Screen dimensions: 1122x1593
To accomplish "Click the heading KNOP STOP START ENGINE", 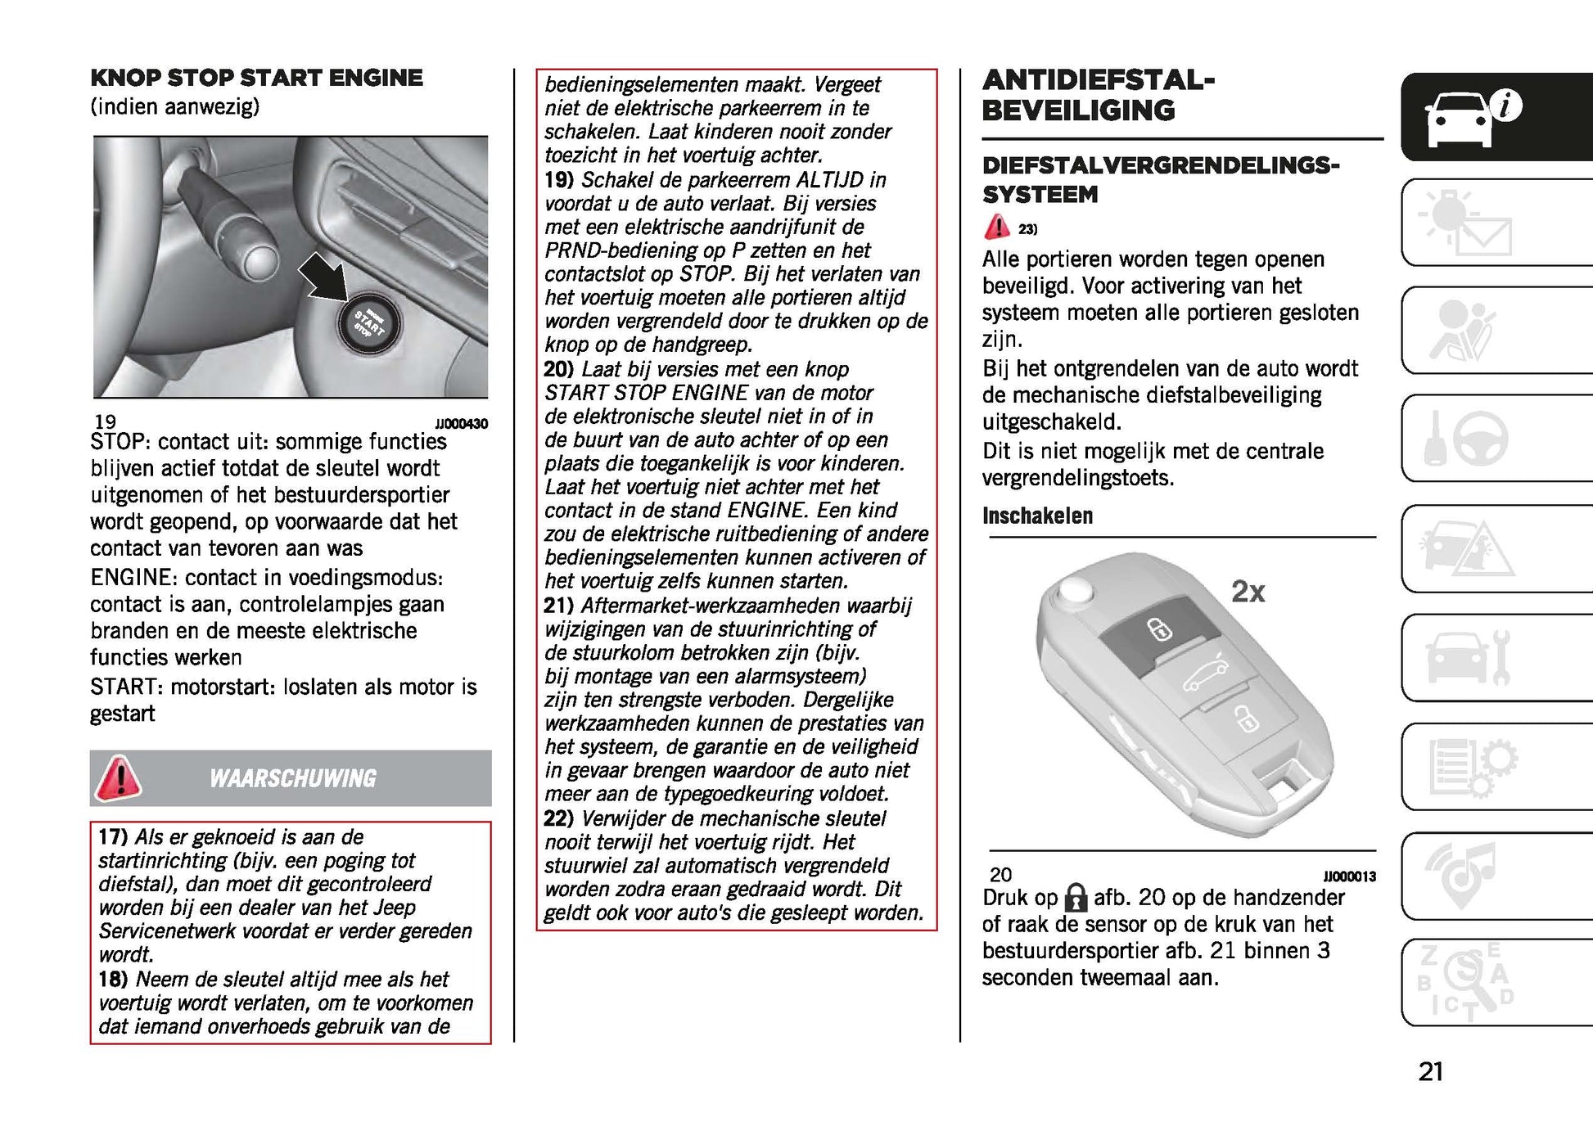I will [x=256, y=78].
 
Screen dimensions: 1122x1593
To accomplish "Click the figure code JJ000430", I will [x=461, y=424].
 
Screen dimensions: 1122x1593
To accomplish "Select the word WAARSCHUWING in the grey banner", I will [x=293, y=778].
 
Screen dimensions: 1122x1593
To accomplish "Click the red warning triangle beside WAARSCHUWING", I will [x=119, y=777].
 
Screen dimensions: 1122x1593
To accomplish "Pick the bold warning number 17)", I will [x=113, y=836].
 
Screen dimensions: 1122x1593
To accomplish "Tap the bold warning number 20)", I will [x=559, y=369].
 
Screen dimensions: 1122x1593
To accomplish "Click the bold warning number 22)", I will [x=559, y=818].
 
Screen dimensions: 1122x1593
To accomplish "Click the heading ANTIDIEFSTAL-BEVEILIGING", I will [x=1098, y=95].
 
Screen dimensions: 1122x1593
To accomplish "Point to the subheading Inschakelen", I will [x=1037, y=516].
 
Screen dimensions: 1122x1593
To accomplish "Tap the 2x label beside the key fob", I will [x=1248, y=592].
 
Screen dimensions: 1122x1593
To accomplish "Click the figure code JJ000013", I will [x=1349, y=876].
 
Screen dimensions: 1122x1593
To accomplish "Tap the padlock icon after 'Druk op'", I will [x=1076, y=898].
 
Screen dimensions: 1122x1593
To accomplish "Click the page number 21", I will [x=1430, y=1071].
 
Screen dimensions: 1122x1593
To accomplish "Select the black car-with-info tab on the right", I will [x=1496, y=117].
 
